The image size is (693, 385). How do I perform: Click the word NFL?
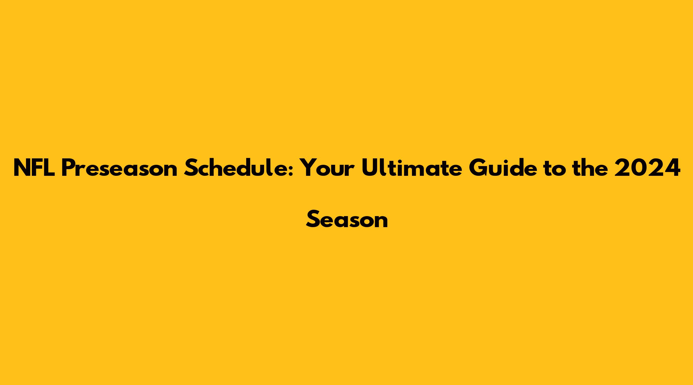[34, 168]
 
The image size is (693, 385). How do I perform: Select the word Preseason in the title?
[119, 168]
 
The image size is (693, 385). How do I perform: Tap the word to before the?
[557, 169]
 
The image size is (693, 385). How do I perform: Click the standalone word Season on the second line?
[347, 219]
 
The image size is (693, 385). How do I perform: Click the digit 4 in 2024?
[672, 168]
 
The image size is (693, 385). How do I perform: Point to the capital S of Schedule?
[191, 168]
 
